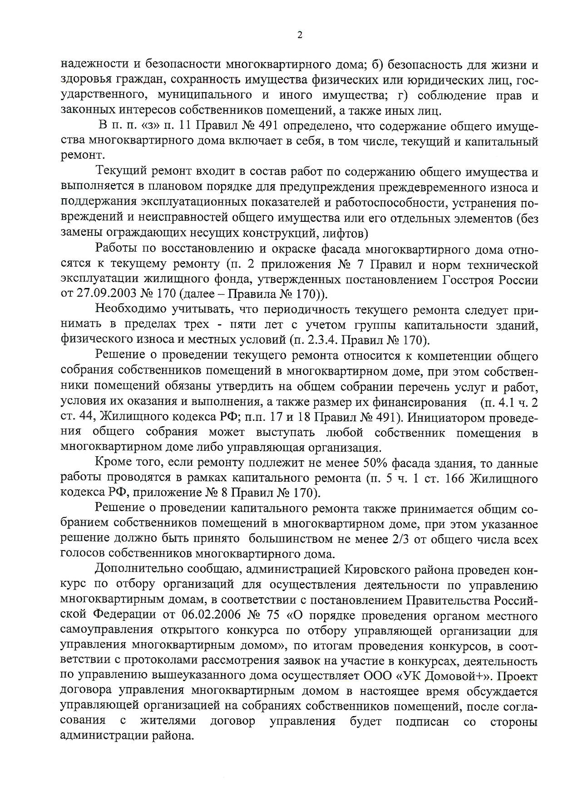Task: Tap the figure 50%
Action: (375, 463)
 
